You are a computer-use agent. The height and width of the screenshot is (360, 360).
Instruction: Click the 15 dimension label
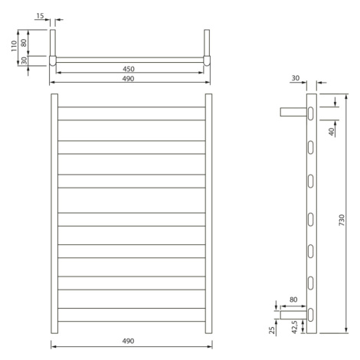(40, 16)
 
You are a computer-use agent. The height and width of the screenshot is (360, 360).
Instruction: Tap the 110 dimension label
(14, 46)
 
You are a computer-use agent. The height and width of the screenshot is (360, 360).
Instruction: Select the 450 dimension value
(129, 69)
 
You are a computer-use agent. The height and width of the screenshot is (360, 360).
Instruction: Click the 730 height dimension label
(342, 220)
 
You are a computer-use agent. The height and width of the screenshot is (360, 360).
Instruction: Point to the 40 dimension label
(331, 132)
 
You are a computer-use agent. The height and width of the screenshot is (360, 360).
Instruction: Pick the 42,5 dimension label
(295, 327)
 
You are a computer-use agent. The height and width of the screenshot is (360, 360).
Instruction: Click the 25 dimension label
(273, 330)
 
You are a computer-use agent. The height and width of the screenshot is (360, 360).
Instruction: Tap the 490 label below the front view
(128, 341)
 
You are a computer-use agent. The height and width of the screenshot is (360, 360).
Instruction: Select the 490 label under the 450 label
(128, 79)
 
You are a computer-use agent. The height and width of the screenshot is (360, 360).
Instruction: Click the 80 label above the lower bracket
(293, 299)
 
